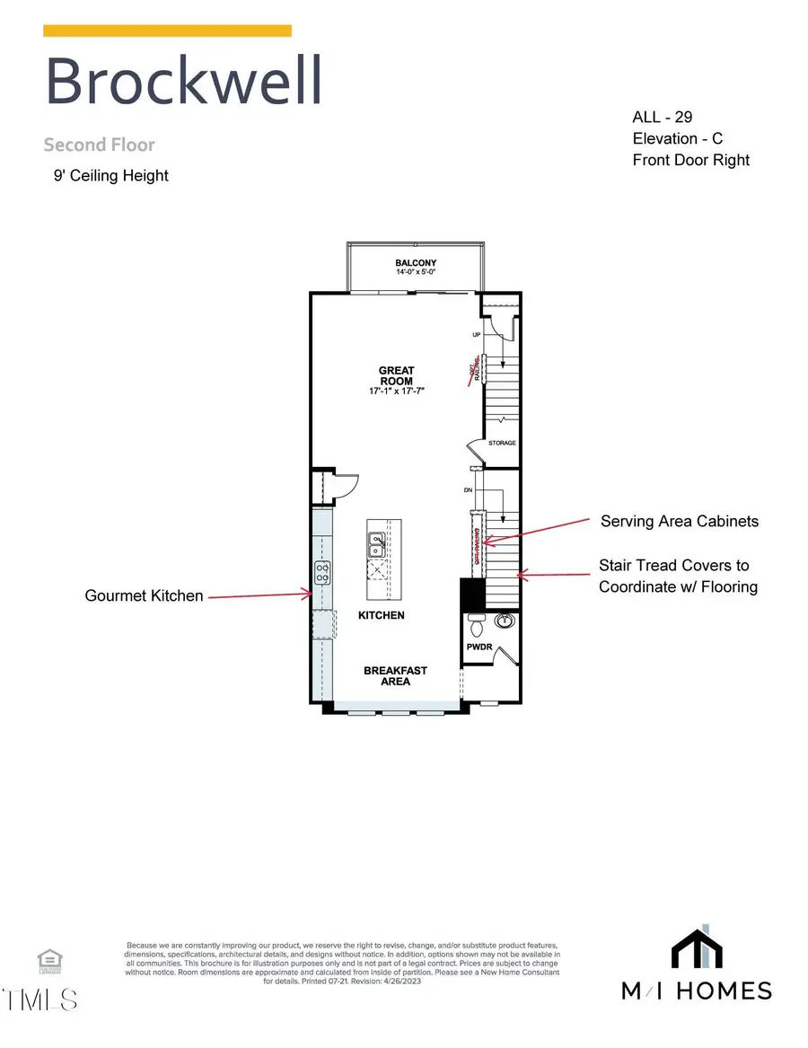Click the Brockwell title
pyautogui.click(x=183, y=82)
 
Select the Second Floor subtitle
pyautogui.click(x=99, y=145)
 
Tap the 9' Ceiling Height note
pyautogui.click(x=110, y=176)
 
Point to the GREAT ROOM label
pyautogui.click(x=395, y=375)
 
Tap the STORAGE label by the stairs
pyautogui.click(x=502, y=443)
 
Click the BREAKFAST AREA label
pyautogui.click(x=395, y=675)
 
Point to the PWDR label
pyautogui.click(x=476, y=646)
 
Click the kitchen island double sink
pyautogui.click(x=377, y=542)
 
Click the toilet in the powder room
pyautogui.click(x=478, y=621)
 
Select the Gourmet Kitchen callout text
pyautogui.click(x=144, y=594)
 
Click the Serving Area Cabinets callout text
pyautogui.click(x=680, y=521)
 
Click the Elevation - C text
pyautogui.click(x=677, y=138)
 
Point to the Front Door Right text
pyautogui.click(x=690, y=160)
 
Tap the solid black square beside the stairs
pyautogui.click(x=472, y=593)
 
